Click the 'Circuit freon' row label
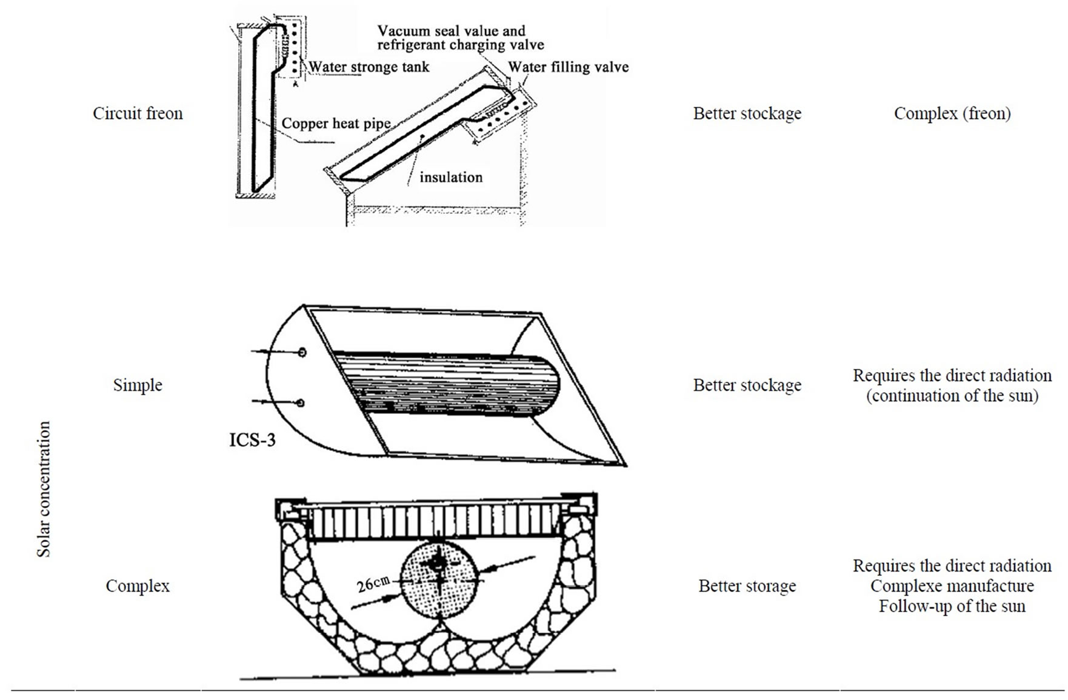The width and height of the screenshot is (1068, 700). (138, 113)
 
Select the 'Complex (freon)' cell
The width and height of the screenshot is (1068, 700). (952, 113)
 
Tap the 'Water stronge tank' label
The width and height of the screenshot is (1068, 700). (369, 67)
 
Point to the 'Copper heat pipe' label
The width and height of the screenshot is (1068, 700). (336, 124)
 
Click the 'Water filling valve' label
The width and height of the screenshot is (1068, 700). (568, 67)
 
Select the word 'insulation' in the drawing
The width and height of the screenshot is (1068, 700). (451, 178)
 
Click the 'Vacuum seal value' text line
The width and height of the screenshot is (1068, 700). (451, 31)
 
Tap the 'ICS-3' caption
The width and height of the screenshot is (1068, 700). (252, 439)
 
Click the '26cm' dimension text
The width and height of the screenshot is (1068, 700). (373, 584)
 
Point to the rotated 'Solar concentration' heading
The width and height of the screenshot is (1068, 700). (44, 489)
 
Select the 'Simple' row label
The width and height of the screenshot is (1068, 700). (138, 385)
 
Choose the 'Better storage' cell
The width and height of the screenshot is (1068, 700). (747, 586)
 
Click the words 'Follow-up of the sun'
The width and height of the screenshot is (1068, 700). (952, 606)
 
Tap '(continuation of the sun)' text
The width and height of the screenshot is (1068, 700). (952, 396)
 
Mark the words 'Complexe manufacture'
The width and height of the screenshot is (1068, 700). (952, 586)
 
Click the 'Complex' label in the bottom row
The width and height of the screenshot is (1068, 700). (138, 586)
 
